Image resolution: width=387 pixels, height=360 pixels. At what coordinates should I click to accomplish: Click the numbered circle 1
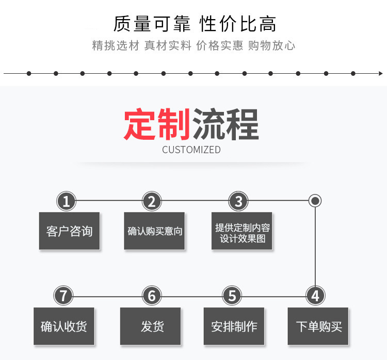(x=66, y=201)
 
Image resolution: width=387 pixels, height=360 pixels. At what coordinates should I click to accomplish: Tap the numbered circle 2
(x=152, y=201)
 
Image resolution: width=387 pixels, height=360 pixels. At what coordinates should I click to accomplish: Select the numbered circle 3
(x=238, y=201)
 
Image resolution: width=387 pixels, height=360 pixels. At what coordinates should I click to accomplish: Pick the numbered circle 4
(x=315, y=296)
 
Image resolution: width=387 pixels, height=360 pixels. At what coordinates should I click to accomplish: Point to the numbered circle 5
(x=232, y=296)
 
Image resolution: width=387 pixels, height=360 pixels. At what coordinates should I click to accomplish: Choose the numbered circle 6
(x=152, y=296)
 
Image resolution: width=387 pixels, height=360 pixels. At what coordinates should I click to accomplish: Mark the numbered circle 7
(x=63, y=296)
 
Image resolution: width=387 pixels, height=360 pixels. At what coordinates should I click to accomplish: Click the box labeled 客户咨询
(x=69, y=231)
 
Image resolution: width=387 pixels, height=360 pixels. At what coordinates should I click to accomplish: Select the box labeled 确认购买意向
(x=154, y=231)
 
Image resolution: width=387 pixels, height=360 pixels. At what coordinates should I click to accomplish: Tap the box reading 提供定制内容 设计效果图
(x=242, y=231)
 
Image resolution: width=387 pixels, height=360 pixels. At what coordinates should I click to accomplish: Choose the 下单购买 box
(x=318, y=326)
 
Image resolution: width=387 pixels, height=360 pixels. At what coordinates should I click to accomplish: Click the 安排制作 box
(x=234, y=326)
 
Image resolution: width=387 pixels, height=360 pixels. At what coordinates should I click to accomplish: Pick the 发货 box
(x=150, y=326)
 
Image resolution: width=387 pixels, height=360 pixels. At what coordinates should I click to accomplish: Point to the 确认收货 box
(x=64, y=326)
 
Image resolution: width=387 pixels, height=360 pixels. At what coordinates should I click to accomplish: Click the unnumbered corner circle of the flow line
(x=315, y=201)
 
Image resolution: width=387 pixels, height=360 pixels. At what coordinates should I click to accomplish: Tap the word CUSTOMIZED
(x=191, y=150)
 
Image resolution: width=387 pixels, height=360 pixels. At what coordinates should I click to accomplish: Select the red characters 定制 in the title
(x=157, y=124)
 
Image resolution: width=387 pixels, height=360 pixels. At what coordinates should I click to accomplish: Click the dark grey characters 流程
(x=225, y=124)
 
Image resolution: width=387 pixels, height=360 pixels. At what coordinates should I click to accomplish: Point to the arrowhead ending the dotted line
(x=381, y=74)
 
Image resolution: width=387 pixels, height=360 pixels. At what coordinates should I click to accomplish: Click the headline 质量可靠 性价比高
(x=195, y=24)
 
